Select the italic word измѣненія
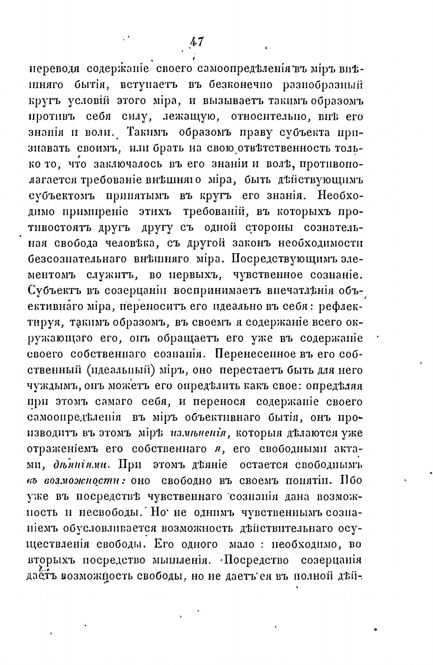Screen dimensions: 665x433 click(198, 433)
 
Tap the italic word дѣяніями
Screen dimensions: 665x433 click(82, 465)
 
